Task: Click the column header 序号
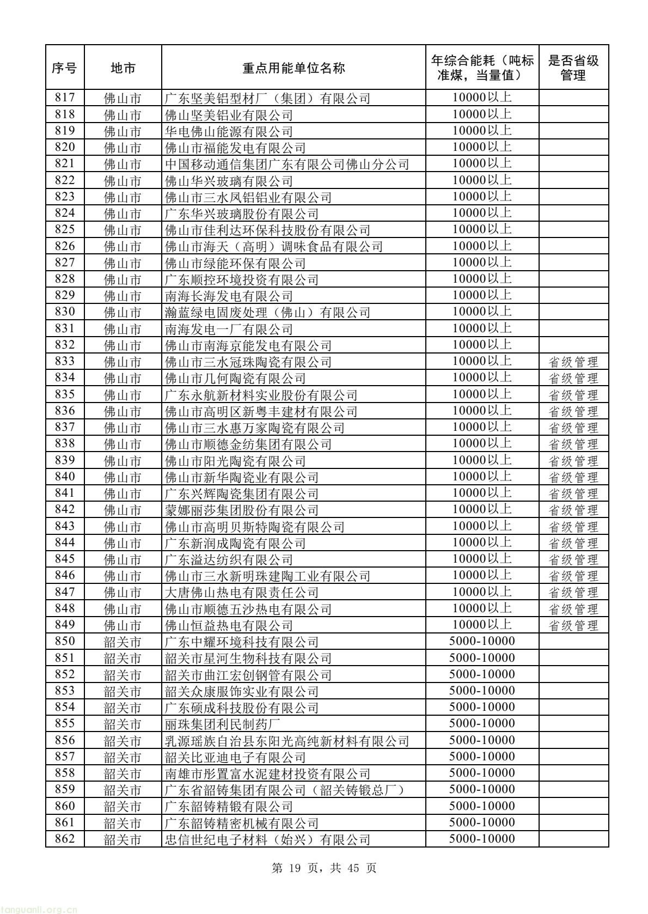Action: [x=64, y=68]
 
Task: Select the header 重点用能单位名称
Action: [x=293, y=68]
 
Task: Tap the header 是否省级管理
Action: [x=573, y=68]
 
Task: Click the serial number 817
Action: [x=64, y=98]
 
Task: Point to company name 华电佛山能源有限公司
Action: [x=229, y=131]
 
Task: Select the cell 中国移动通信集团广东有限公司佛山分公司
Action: [x=287, y=164]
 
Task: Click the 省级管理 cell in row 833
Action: [x=573, y=362]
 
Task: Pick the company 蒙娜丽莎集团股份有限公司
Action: [x=242, y=510]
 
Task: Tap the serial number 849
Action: [x=64, y=625]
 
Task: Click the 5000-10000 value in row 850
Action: [x=481, y=641]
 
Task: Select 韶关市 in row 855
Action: [x=123, y=724]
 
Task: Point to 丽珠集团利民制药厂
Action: [x=222, y=724]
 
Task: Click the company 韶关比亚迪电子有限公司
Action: [x=235, y=757]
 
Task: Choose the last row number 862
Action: [x=64, y=839]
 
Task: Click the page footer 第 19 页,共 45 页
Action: [x=323, y=868]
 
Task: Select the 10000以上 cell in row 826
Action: [x=481, y=246]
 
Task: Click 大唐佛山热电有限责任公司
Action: [x=242, y=592]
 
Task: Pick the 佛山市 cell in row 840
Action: [x=123, y=477]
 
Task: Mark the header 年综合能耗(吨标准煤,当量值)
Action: [x=481, y=68]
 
